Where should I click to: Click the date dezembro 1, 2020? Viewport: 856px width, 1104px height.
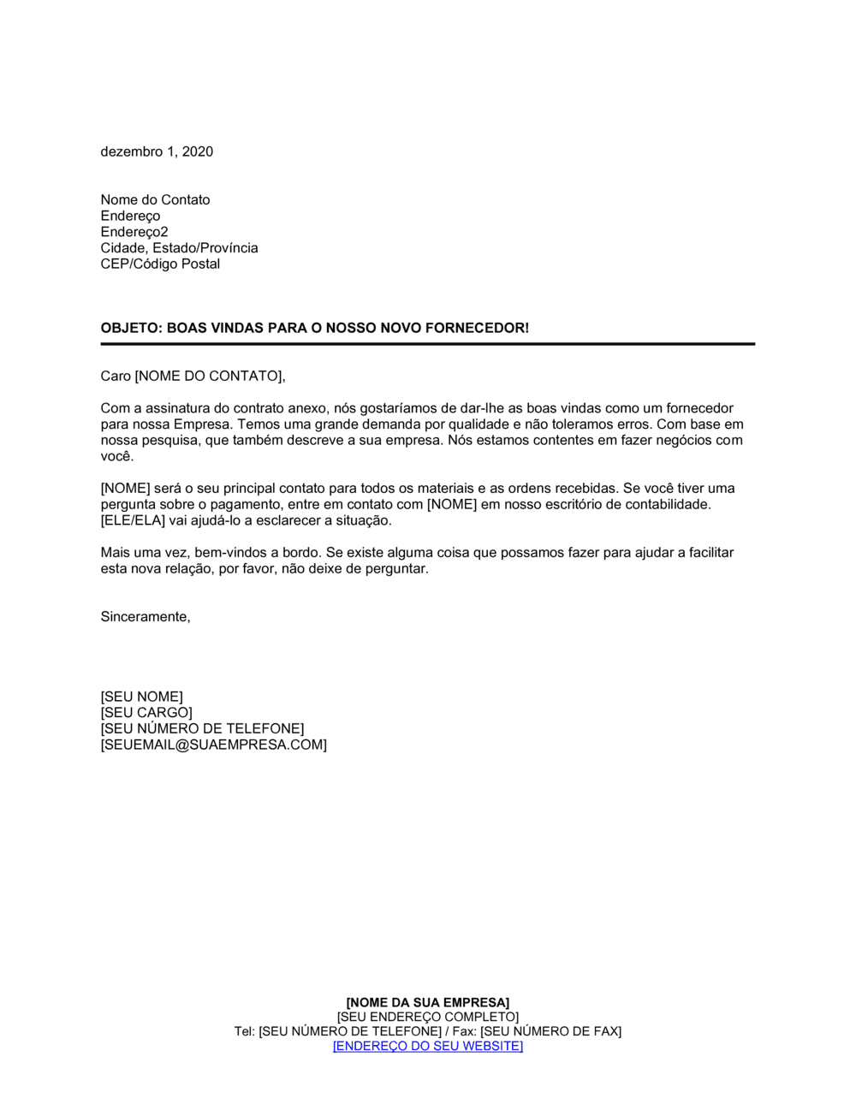157,151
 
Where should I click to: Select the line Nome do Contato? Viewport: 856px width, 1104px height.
155,199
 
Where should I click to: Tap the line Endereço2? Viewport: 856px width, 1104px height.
134,232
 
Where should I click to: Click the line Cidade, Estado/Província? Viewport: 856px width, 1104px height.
179,248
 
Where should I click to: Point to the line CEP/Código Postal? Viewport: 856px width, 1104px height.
160,264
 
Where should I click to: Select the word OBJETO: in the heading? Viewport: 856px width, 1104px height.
131,328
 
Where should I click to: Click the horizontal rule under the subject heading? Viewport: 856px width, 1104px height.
428,344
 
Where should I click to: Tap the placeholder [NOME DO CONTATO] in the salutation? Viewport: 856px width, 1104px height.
208,376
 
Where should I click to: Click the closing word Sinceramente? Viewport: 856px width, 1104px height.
145,616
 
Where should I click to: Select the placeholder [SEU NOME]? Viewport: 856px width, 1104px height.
141,697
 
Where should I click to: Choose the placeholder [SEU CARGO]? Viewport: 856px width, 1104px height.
146,713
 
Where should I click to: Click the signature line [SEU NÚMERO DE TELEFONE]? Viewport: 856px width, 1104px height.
202,728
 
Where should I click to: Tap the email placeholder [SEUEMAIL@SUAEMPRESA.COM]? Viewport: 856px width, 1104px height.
213,745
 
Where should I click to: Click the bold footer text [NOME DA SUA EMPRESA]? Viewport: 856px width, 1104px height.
427,1002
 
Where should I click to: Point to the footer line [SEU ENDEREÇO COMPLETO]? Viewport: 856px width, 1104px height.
427,1017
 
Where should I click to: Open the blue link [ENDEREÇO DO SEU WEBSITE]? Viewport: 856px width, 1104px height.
427,1046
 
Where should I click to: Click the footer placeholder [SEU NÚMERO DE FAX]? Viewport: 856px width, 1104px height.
550,1031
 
